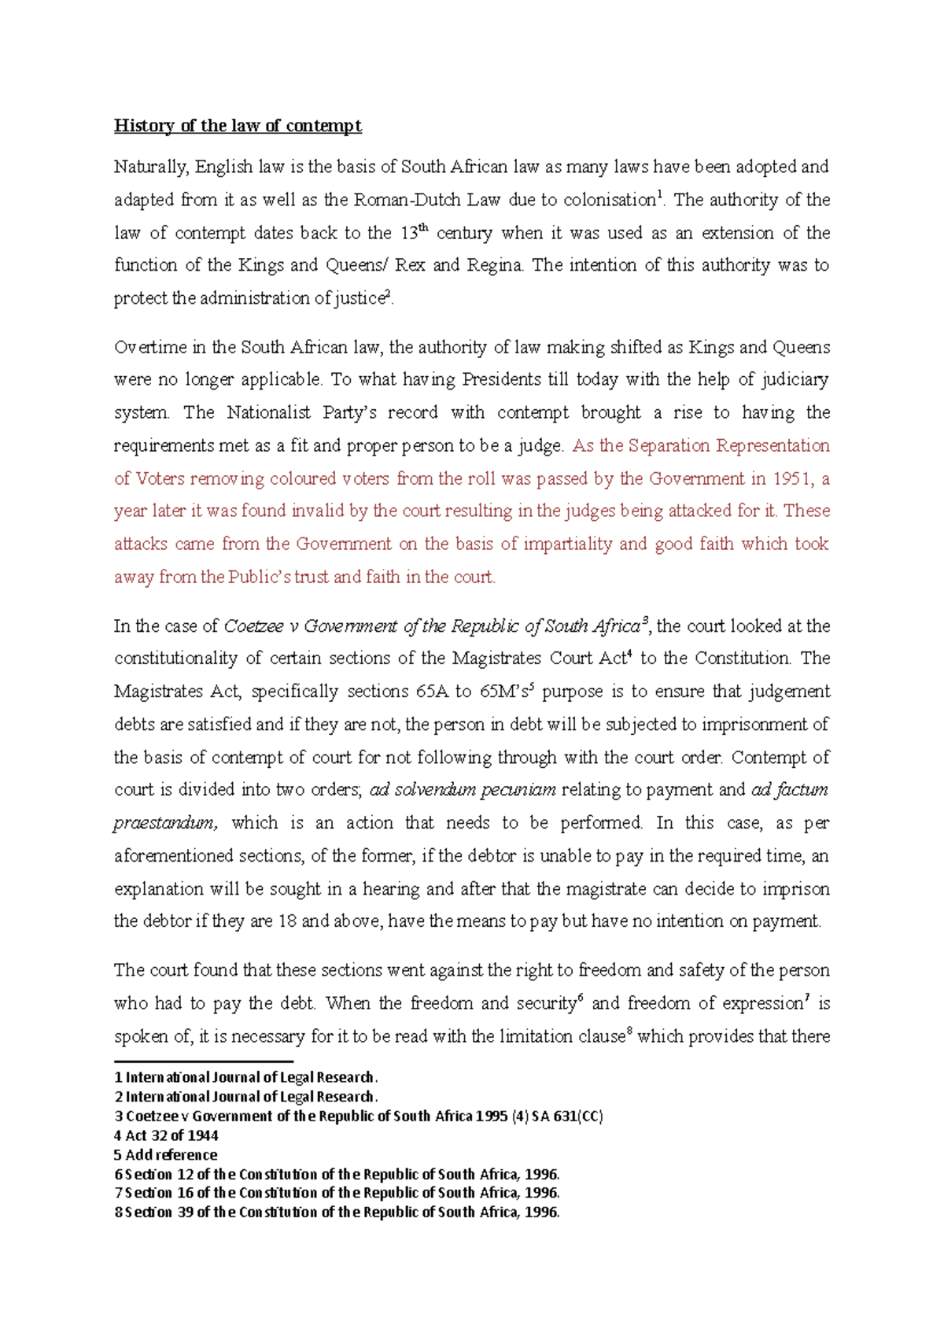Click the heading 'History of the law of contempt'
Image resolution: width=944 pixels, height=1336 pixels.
pyautogui.click(x=238, y=126)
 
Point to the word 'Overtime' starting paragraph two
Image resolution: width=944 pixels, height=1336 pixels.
pyautogui.click(x=146, y=348)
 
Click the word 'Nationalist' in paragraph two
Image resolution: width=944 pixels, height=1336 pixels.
pyautogui.click(x=269, y=413)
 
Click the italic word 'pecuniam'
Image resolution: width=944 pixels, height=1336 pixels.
pyautogui.click(x=518, y=790)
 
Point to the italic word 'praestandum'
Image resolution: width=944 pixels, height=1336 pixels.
pyautogui.click(x=164, y=823)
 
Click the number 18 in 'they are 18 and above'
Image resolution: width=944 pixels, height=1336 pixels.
pyautogui.click(x=287, y=921)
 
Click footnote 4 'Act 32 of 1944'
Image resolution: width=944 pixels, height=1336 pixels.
pyautogui.click(x=167, y=1135)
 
